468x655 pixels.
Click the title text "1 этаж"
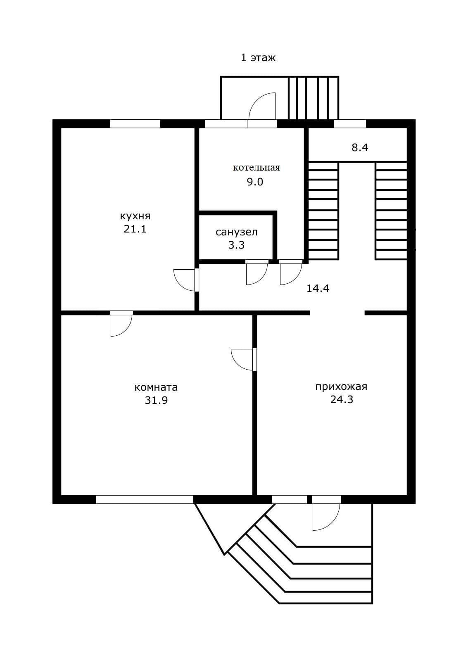(x=258, y=57)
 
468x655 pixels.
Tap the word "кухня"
(x=135, y=217)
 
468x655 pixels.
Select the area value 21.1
(x=135, y=229)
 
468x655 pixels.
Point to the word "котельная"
(x=256, y=168)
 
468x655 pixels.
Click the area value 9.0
(x=255, y=182)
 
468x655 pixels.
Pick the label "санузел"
(x=237, y=232)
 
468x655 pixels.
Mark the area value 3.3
(x=236, y=245)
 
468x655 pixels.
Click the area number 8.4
(x=360, y=148)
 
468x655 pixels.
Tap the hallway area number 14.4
(x=318, y=289)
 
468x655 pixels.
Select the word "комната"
(x=156, y=387)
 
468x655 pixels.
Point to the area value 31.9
(x=157, y=400)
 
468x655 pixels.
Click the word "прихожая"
(x=341, y=387)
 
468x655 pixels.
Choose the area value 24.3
(x=342, y=399)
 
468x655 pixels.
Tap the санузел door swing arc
(x=261, y=279)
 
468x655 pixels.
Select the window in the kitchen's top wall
(x=135, y=123)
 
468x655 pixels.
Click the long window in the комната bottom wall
(x=145, y=499)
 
